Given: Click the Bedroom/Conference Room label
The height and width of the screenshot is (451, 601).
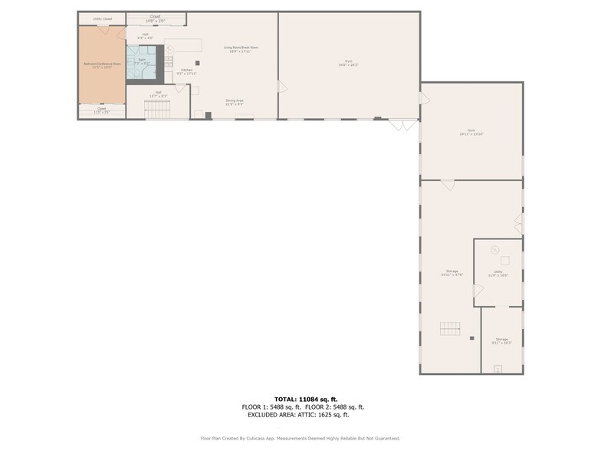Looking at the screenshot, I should tap(102, 65).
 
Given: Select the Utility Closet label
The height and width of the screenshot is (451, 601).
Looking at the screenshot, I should tap(102, 18).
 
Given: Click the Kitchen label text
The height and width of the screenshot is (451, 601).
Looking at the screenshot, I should tap(186, 71).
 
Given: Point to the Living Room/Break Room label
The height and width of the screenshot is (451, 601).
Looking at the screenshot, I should tap(241, 48).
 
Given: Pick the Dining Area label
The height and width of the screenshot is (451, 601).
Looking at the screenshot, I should tap(235, 101).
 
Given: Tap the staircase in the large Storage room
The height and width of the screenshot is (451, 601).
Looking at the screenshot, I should tap(451, 329).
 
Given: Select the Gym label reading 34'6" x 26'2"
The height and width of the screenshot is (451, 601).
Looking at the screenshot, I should tap(349, 63).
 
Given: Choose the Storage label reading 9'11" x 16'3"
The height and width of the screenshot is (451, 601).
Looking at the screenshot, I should tap(501, 340).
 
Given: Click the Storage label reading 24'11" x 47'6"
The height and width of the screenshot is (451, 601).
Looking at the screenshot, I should tap(452, 272).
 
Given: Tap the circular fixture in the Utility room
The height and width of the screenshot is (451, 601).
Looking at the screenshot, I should tap(494, 249).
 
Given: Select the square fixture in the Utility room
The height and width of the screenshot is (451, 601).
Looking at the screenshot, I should tap(505, 261).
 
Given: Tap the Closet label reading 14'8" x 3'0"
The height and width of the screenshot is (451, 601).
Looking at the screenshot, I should tap(156, 18).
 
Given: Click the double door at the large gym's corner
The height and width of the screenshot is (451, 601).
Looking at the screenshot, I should tap(403, 123).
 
